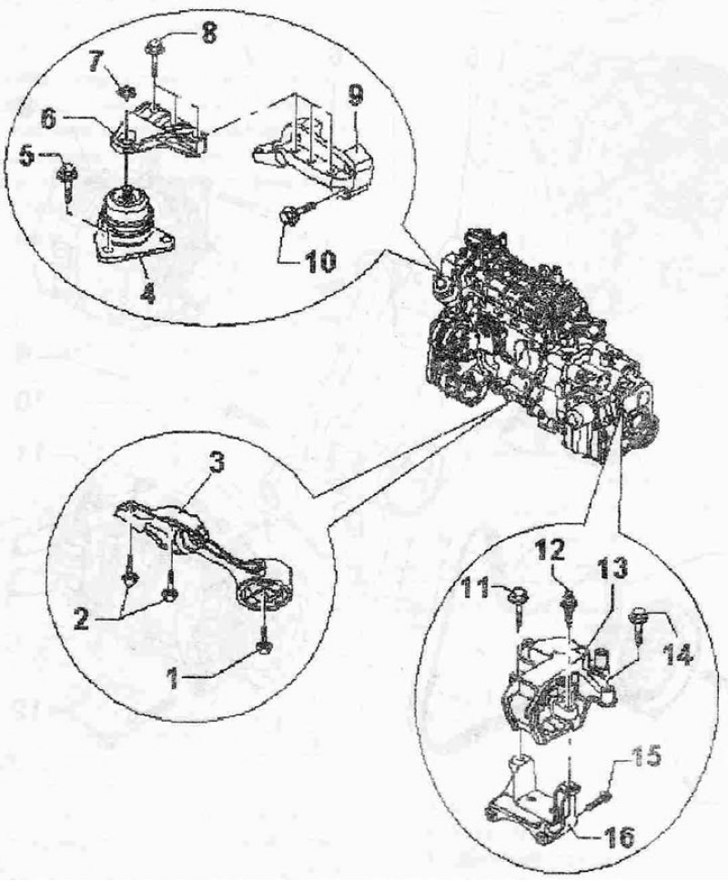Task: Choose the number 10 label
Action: (x=319, y=260)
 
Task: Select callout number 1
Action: (x=174, y=679)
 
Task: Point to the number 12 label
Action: (x=549, y=552)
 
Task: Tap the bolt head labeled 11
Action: (x=514, y=594)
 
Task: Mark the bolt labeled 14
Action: (x=639, y=623)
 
